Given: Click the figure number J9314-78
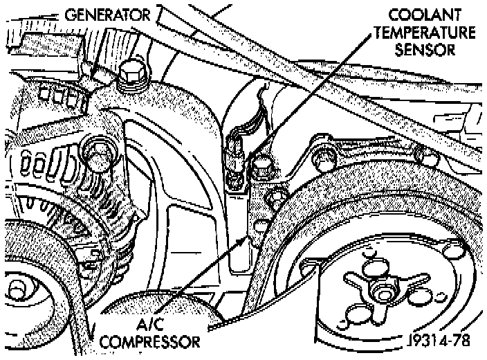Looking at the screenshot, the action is pos(443,341).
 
